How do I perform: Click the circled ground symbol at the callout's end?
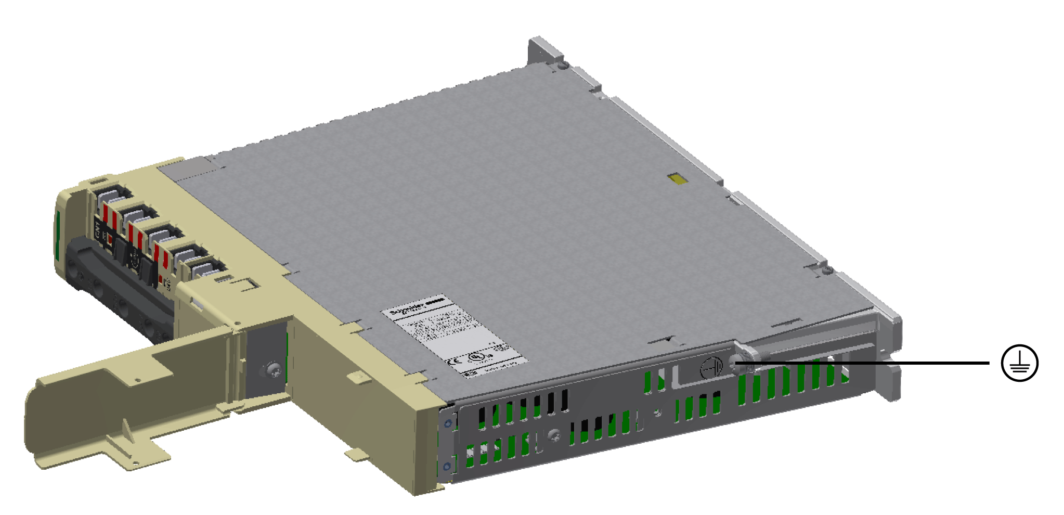(x=1019, y=363)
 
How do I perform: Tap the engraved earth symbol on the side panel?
(x=711, y=368)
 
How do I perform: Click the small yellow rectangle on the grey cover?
(x=678, y=179)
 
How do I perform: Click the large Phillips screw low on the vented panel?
(x=554, y=435)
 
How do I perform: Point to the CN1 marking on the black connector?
(x=97, y=229)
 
